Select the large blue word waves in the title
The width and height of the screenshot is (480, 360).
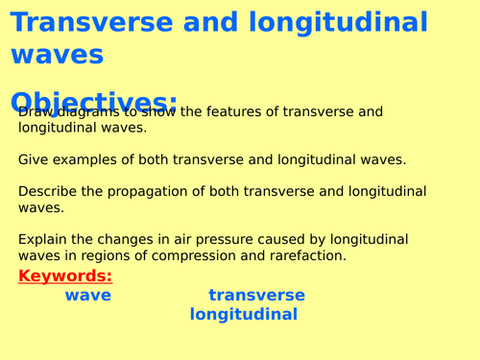pyautogui.click(x=57, y=55)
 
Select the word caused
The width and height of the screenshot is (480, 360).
pyautogui.click(x=283, y=239)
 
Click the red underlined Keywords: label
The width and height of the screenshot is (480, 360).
pyautogui.click(x=65, y=276)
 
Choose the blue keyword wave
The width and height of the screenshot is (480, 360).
pyautogui.click(x=87, y=296)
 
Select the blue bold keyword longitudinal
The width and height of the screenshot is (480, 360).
pyautogui.click(x=244, y=314)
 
